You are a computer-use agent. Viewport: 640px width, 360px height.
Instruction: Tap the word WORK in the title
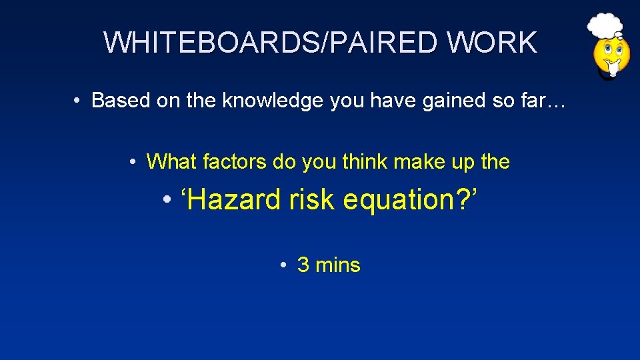[492, 43]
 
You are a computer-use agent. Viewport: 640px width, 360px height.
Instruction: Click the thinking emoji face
[611, 57]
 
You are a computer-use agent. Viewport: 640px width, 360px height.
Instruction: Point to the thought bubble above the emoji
[605, 25]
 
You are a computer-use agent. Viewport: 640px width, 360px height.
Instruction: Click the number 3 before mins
[303, 265]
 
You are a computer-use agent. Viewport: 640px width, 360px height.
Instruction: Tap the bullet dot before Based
[79, 101]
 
